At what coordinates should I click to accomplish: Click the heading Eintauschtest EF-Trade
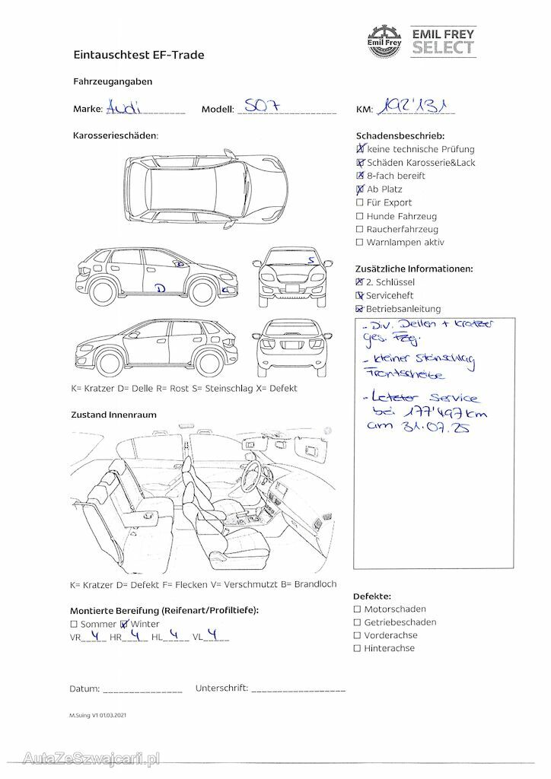(139, 55)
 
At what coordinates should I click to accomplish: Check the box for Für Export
(359, 203)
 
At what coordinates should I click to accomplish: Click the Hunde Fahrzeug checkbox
(359, 216)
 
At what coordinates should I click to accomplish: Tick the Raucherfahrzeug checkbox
(359, 230)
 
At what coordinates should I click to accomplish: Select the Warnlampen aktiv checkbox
(359, 243)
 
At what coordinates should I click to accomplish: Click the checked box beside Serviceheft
(359, 295)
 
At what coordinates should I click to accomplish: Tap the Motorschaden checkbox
(358, 609)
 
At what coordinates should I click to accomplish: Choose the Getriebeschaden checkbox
(358, 622)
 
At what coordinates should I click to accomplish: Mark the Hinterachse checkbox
(358, 649)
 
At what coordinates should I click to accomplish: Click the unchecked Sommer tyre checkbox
(74, 624)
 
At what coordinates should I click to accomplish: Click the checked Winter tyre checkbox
(125, 624)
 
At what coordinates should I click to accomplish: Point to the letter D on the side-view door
(160, 288)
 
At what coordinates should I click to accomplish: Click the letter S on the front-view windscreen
(311, 259)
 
